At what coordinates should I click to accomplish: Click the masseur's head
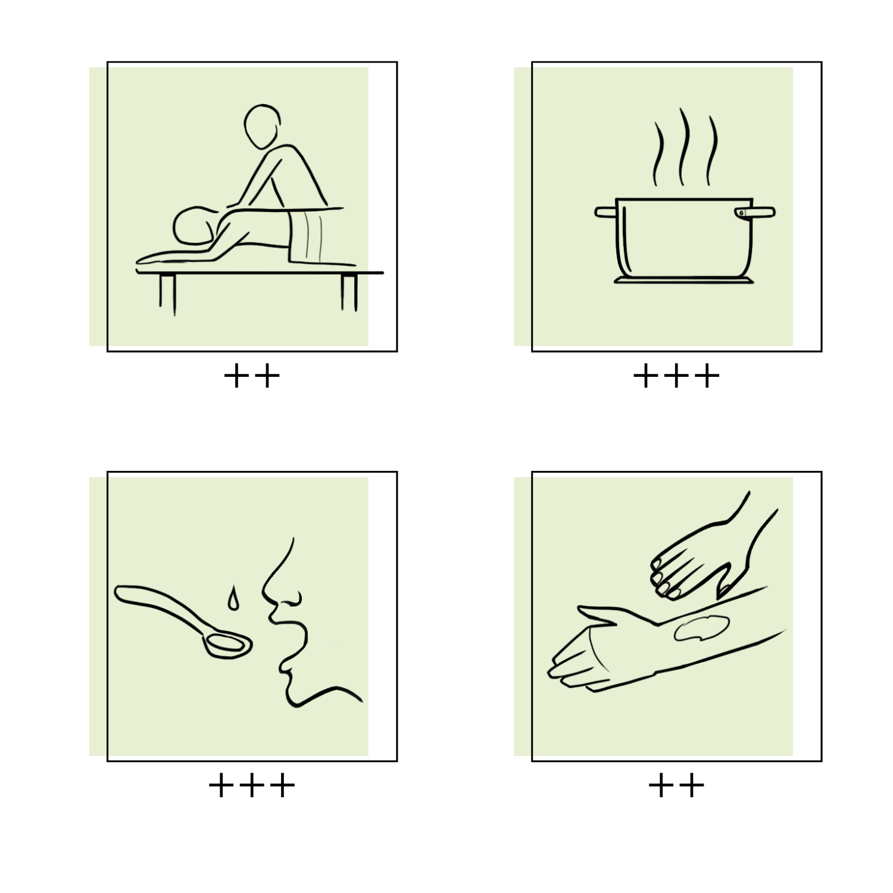pos(262,127)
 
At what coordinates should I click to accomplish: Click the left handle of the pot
pos(605,212)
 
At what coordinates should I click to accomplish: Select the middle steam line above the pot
pos(685,146)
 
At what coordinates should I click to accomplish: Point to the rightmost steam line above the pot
pos(712,150)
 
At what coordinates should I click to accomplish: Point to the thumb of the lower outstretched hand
pos(598,615)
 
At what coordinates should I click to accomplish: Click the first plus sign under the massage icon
pos(237,376)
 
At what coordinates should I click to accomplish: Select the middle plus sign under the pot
pos(676,376)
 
